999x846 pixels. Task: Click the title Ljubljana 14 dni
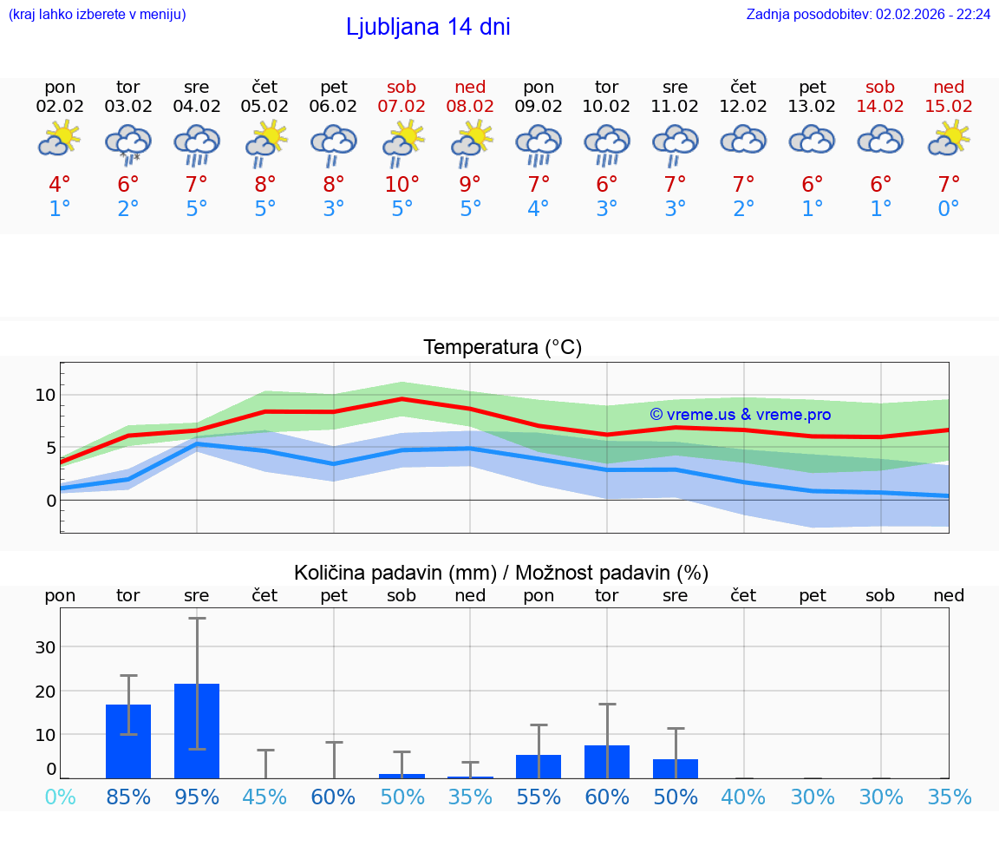point(428,27)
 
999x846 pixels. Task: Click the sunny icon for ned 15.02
point(949,139)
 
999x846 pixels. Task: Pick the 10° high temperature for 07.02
point(402,185)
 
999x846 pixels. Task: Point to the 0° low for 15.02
point(949,209)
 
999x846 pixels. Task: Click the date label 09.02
point(539,107)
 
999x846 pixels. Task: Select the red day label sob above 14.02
point(880,87)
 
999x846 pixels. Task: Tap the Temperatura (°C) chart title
point(502,348)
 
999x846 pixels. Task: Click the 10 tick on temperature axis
point(45,395)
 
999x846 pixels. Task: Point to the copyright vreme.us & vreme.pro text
point(740,415)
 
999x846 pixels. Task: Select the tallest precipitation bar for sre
point(197,731)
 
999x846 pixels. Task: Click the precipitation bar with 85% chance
point(128,741)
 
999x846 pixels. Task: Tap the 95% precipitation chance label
point(197,797)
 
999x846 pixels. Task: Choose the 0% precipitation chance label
point(60,797)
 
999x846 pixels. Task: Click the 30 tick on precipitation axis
point(45,647)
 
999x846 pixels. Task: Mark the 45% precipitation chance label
point(264,797)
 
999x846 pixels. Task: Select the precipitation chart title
point(501,573)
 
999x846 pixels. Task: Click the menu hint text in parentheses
point(97,15)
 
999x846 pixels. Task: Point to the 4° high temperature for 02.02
point(60,185)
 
